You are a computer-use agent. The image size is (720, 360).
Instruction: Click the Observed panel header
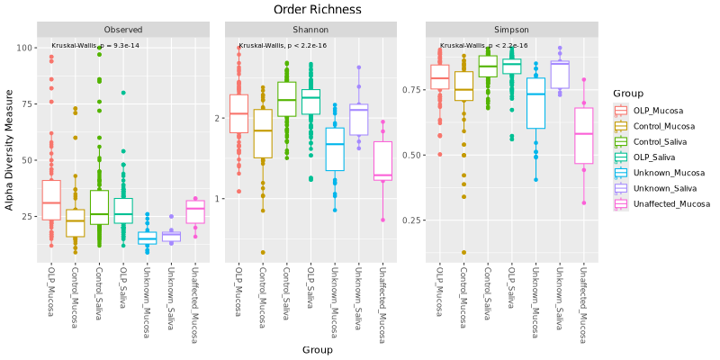pos(122,30)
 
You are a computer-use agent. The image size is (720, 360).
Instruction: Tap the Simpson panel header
pos(511,30)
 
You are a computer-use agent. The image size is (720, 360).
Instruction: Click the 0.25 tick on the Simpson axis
pos(413,220)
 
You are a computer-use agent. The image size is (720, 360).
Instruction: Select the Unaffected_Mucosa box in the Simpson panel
pos(583,135)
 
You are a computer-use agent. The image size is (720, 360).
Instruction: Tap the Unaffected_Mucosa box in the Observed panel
pos(195,211)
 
